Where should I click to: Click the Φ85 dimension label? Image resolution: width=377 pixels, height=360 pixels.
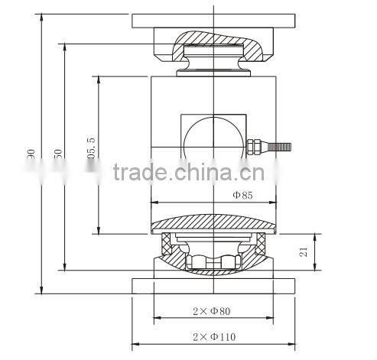pyautogui.click(x=242, y=195)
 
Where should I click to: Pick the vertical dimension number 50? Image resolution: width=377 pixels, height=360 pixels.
pyautogui.click(x=57, y=152)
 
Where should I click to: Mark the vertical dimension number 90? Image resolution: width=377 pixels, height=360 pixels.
pyautogui.click(x=31, y=154)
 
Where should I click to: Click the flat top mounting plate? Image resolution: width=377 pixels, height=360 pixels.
pyautogui.click(x=213, y=20)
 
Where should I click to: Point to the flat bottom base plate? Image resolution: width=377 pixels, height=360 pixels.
pyautogui.click(x=213, y=286)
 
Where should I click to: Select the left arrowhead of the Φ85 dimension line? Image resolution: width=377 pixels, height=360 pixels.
pyautogui.click(x=155, y=203)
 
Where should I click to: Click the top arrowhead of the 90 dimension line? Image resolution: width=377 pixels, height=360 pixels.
pyautogui.click(x=38, y=16)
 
